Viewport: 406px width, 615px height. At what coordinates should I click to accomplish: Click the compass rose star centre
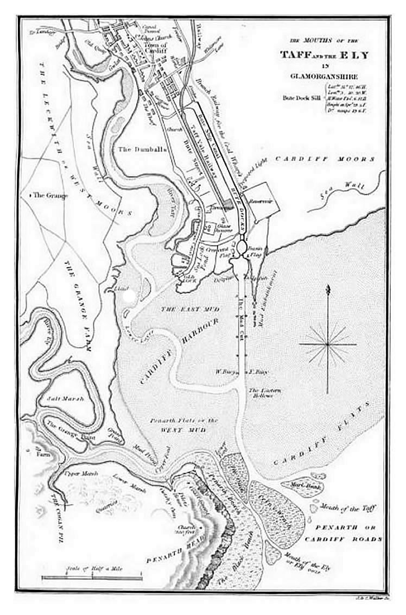(328, 344)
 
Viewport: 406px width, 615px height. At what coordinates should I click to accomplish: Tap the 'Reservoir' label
(259, 201)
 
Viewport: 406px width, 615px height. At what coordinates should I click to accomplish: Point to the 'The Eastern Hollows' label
(262, 393)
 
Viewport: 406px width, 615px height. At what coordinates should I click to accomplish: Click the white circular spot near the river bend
(129, 296)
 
